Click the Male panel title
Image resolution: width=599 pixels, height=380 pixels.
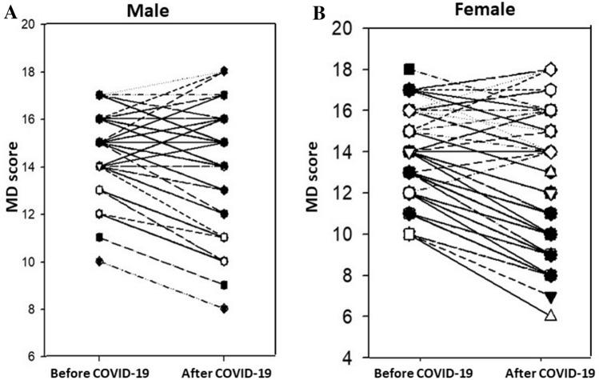pos(161,10)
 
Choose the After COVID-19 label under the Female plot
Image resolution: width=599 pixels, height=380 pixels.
pos(550,373)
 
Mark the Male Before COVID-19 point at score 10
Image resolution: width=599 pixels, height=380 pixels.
pos(100,262)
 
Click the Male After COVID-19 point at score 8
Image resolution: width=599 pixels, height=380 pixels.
pos(225,309)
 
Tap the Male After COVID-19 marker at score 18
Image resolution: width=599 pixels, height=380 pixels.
pos(225,71)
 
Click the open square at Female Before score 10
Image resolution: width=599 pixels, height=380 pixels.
pos(410,234)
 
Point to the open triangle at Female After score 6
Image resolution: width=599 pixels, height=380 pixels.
pos(550,316)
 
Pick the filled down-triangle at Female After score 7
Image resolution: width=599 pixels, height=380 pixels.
pos(550,296)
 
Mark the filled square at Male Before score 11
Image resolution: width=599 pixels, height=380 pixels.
pos(100,238)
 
